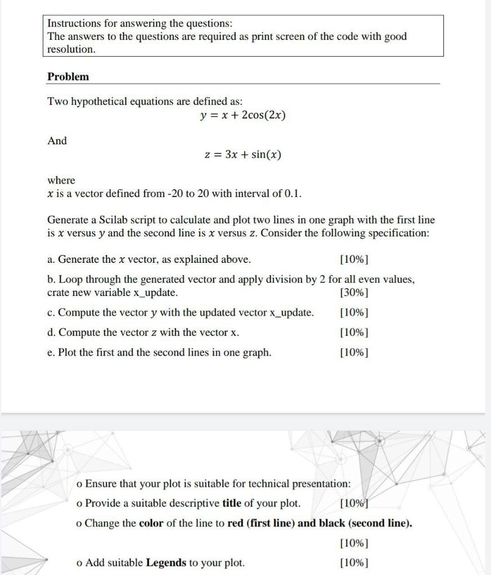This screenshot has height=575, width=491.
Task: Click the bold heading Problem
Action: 68,76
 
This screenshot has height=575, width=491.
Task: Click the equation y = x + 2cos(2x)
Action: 243,116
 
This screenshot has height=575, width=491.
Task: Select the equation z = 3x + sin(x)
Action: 242,154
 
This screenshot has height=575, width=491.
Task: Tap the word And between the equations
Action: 57,141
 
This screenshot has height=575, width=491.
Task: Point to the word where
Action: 61,180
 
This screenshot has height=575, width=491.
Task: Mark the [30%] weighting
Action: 355,293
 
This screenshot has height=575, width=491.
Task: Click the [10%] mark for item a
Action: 355,259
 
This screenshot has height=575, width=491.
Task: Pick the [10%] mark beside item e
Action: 355,353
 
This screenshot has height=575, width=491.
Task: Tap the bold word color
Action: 151,523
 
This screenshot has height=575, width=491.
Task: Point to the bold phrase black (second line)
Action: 366,523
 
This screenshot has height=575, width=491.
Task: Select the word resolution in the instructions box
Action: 71,49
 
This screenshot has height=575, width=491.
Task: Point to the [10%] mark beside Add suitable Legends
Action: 355,563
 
